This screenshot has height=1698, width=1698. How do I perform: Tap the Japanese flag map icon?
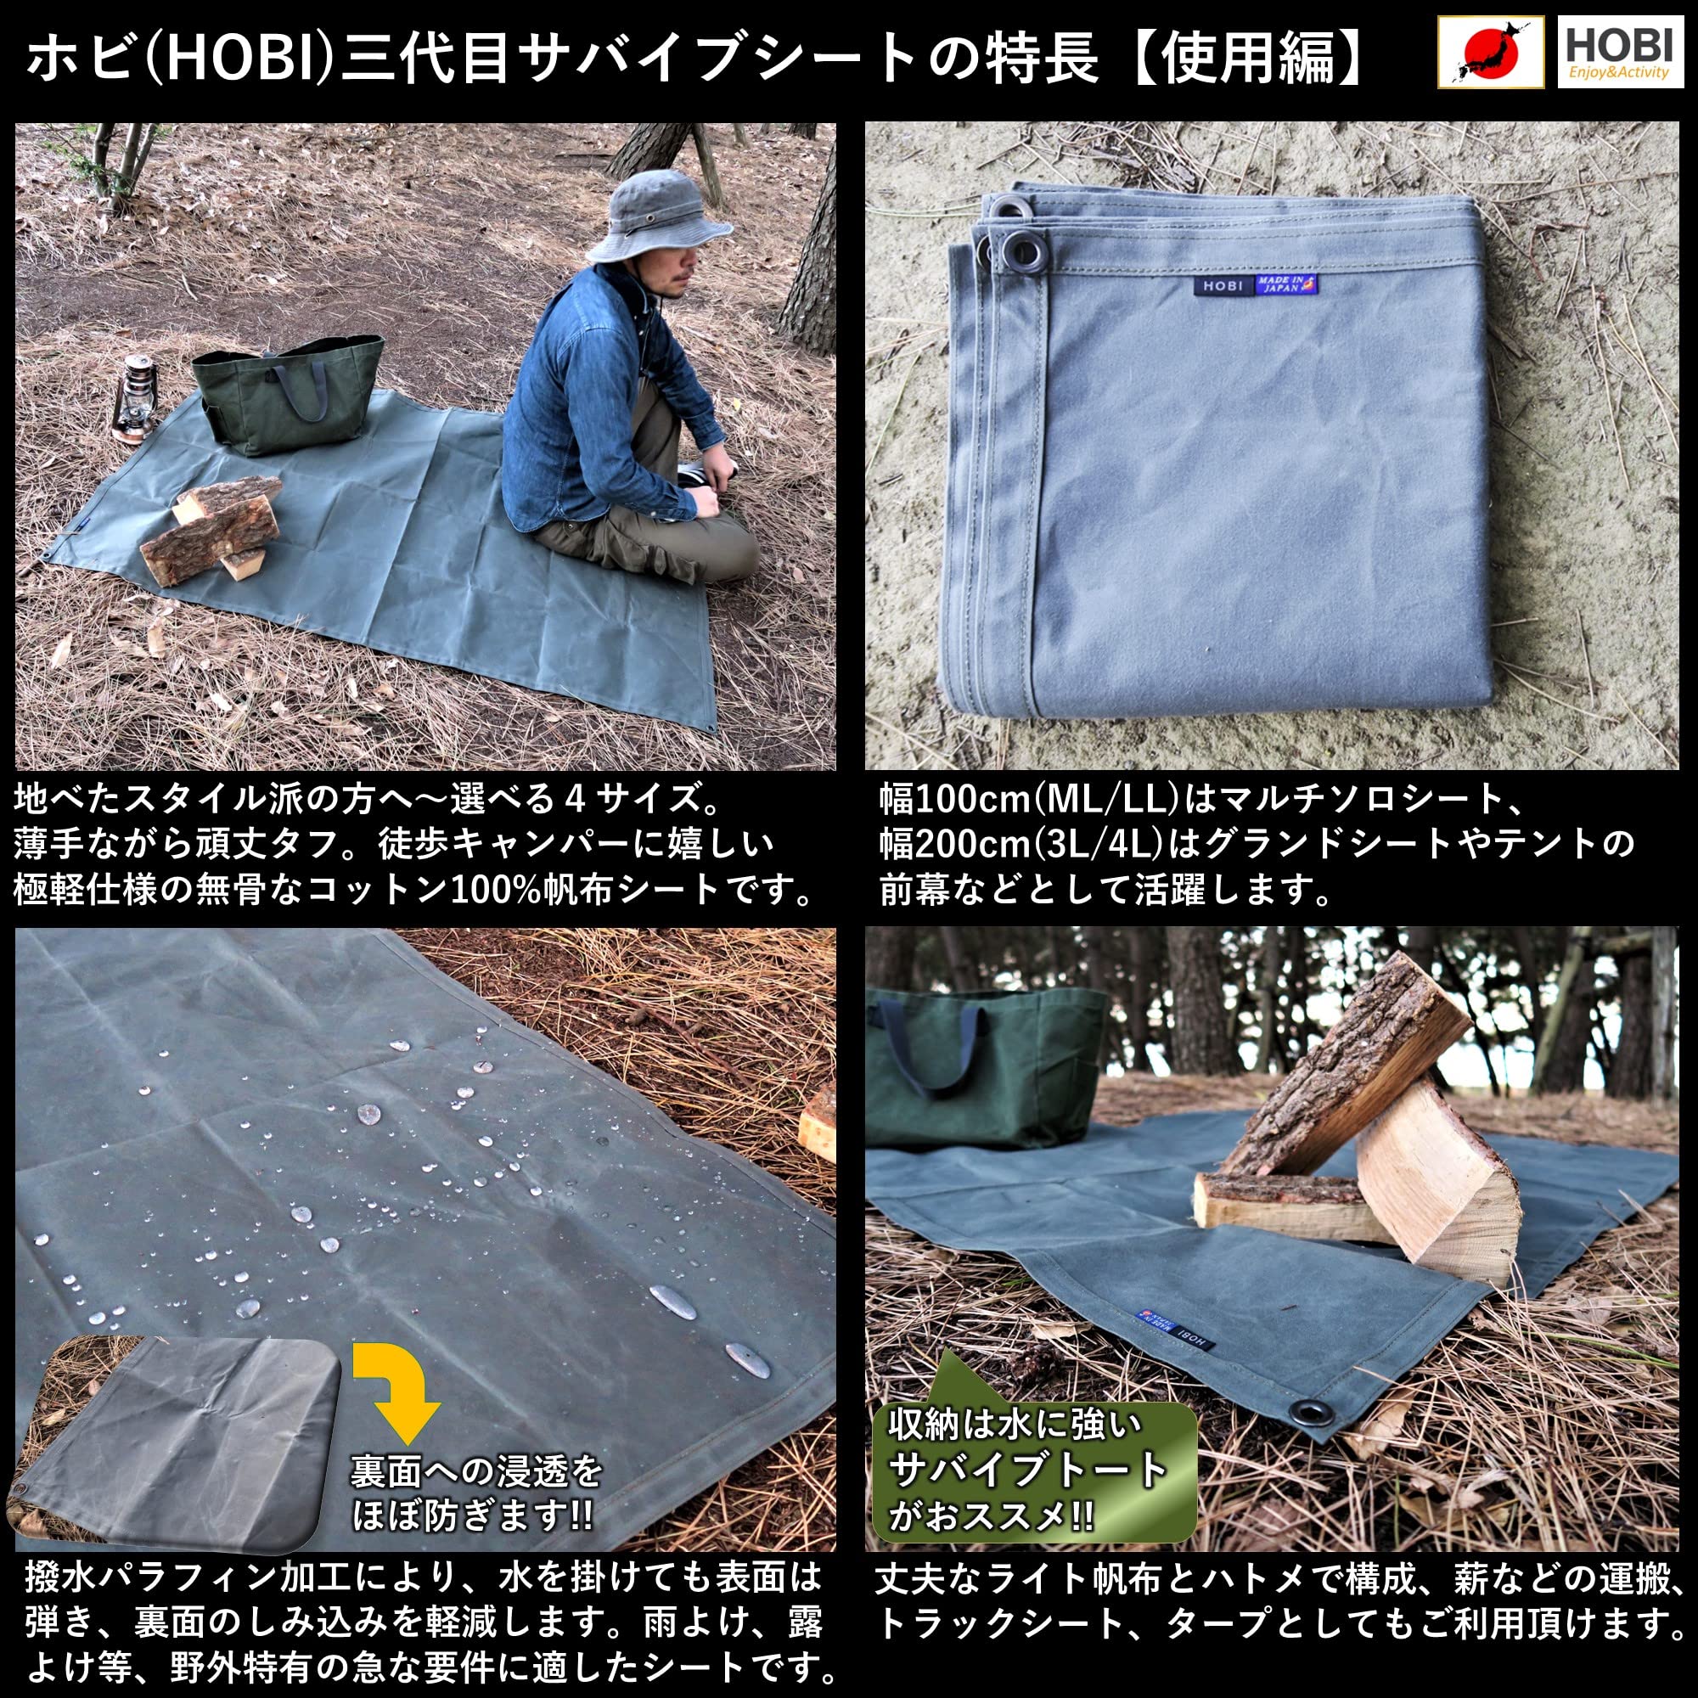click(x=1492, y=53)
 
